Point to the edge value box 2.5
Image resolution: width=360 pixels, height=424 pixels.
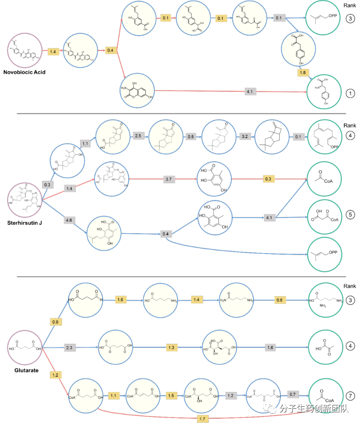pyautogui.click(x=138, y=136)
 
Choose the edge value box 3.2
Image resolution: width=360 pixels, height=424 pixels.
pyautogui.click(x=245, y=136)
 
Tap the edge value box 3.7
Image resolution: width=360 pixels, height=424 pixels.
pyautogui.click(x=169, y=178)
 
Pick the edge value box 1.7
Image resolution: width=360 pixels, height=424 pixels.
pyautogui.click(x=201, y=418)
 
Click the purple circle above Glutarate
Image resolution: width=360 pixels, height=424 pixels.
pyautogui.click(x=25, y=348)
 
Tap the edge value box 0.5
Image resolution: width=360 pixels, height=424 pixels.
pyautogui.click(x=191, y=136)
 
